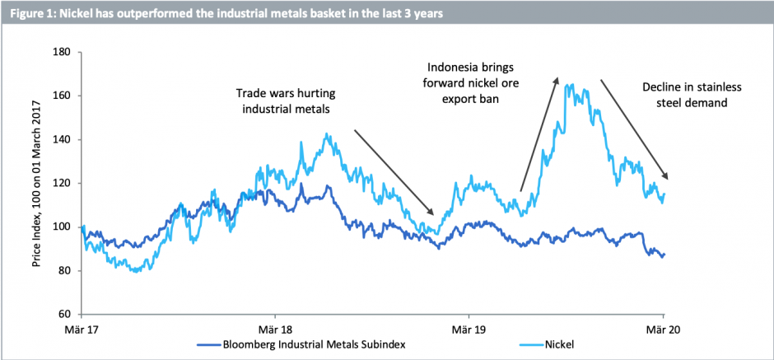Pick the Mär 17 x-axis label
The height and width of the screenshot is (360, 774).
pyautogui.click(x=82, y=327)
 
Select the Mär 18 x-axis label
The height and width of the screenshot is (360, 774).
pyautogui.click(x=276, y=327)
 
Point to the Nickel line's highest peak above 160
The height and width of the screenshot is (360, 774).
pyautogui.click(x=569, y=85)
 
